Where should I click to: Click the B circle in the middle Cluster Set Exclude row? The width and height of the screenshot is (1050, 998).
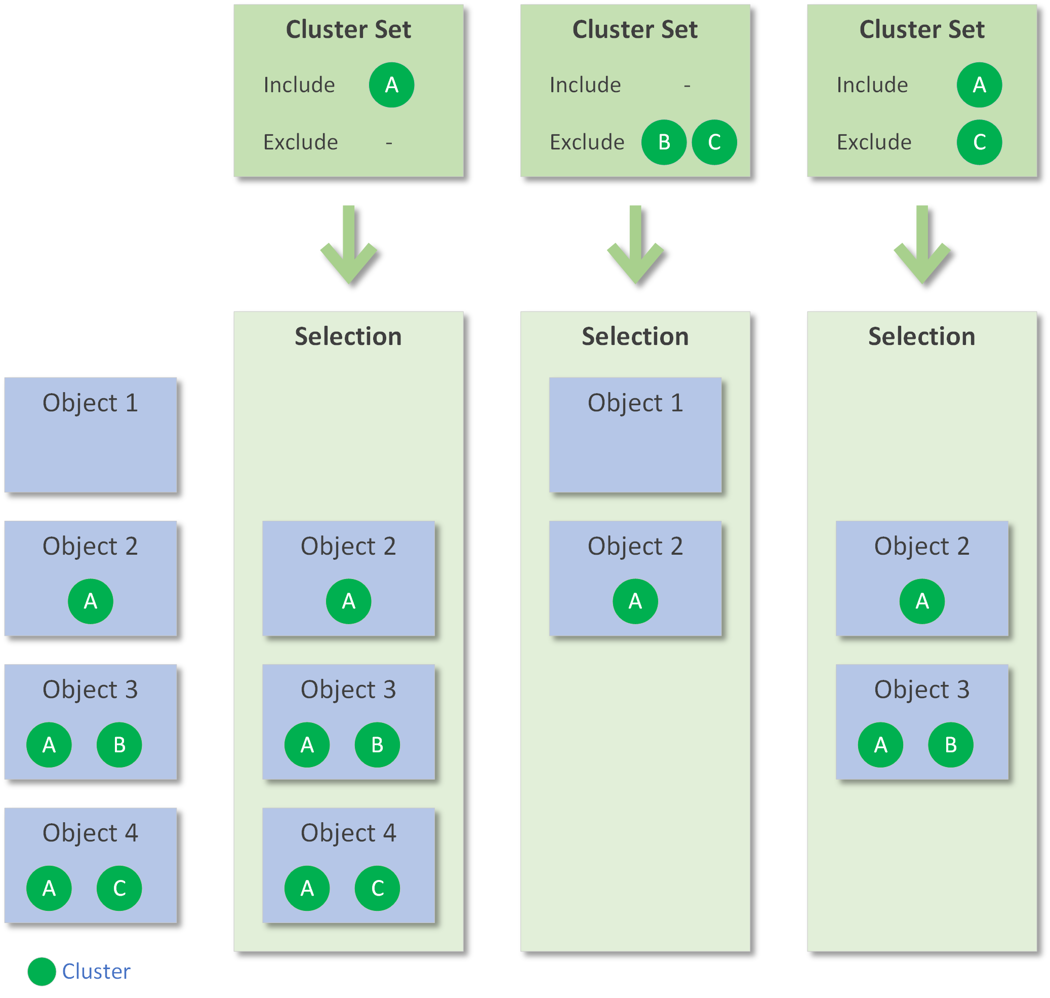pyautogui.click(x=664, y=142)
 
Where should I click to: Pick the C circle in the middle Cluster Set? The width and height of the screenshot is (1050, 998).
pyautogui.click(x=714, y=142)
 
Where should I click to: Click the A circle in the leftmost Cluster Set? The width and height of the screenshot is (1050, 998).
pyautogui.click(x=391, y=85)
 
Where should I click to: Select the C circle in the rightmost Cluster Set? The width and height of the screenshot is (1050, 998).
pyautogui.click(x=979, y=142)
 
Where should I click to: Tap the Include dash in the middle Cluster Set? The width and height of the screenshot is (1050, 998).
pyautogui.click(x=687, y=86)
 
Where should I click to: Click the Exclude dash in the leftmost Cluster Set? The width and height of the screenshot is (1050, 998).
pyautogui.click(x=389, y=142)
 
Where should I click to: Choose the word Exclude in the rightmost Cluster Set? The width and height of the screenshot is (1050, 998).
pyautogui.click(x=873, y=142)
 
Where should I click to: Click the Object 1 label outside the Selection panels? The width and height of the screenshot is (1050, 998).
pyautogui.click(x=91, y=403)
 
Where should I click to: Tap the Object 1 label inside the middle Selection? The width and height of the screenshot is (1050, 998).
pyautogui.click(x=635, y=403)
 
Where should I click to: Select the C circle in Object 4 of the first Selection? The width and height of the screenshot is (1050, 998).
pyautogui.click(x=377, y=888)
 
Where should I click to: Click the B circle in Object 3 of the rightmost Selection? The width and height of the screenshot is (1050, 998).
pyautogui.click(x=950, y=744)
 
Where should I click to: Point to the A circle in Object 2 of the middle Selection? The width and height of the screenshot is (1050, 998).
pyautogui.click(x=635, y=601)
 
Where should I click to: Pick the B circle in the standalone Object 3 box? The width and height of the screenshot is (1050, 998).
pyautogui.click(x=119, y=744)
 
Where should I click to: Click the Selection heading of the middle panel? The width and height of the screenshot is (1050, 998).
pyautogui.click(x=635, y=336)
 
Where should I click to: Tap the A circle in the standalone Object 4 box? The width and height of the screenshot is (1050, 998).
pyautogui.click(x=49, y=888)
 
